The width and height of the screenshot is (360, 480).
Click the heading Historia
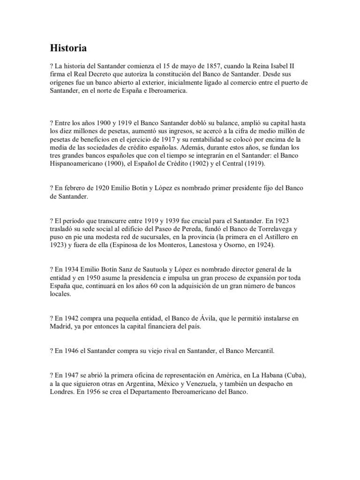click(x=68, y=48)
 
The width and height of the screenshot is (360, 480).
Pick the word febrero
click(x=73, y=188)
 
